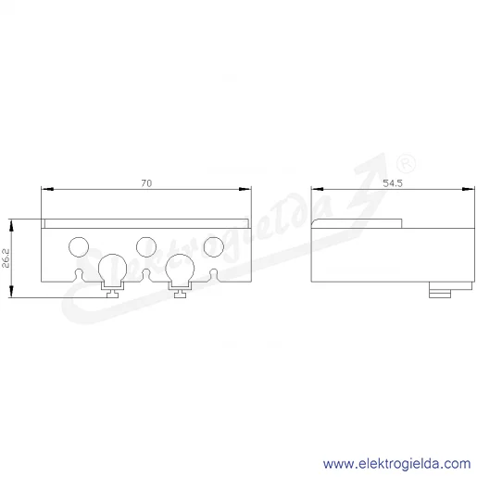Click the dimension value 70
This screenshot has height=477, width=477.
tap(146, 183)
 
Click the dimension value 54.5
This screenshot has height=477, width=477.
tap(393, 183)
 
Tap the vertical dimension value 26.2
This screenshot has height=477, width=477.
tap(6, 258)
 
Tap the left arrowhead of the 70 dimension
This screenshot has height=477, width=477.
tap(47, 189)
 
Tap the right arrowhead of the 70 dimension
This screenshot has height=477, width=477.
tap(245, 189)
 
